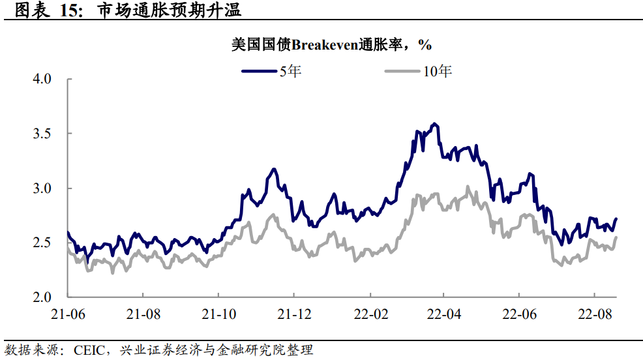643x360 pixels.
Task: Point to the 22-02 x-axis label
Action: (x=368, y=314)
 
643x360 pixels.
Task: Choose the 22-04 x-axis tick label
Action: (x=443, y=314)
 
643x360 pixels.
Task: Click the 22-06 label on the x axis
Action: (x=518, y=314)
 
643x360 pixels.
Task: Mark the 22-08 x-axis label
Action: (x=593, y=314)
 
